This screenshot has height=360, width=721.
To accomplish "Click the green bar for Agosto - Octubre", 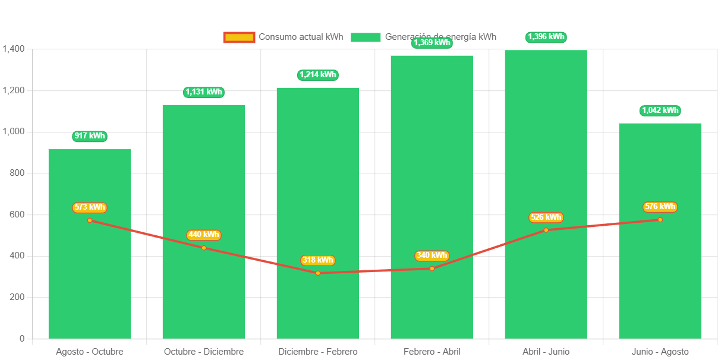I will (90, 279).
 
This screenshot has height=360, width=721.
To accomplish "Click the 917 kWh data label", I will (90, 136).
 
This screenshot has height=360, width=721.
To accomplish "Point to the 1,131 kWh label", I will (204, 92).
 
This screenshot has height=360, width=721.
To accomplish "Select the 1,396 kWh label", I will (546, 37).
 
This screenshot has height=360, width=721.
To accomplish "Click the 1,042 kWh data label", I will (660, 110).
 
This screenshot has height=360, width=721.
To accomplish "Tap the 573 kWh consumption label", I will (90, 207).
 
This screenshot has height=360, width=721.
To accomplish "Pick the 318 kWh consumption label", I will (318, 260).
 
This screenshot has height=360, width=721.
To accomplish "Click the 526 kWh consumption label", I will (546, 217).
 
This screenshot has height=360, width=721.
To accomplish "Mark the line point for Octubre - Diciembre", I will (204, 248).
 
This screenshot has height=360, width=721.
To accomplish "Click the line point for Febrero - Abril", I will (432, 269).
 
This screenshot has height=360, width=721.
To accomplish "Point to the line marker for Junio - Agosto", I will (660, 220).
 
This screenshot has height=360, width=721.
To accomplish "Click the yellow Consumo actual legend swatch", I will (239, 37).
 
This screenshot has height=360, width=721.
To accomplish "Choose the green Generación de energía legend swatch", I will (366, 37).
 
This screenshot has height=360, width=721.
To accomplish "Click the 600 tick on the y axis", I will (17, 214).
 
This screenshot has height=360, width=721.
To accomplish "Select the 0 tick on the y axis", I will (22, 339).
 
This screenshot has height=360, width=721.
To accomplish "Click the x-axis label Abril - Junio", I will (546, 352).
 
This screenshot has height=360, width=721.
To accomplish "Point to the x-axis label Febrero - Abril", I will (432, 352).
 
